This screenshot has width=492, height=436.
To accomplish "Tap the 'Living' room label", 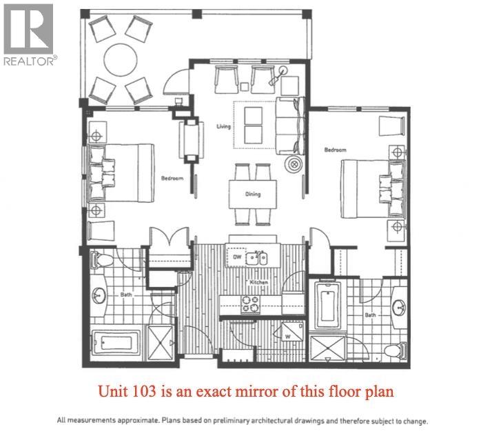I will (x=223, y=126).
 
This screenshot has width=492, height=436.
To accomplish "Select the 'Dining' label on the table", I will (x=252, y=194).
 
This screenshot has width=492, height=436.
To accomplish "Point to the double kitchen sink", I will (x=258, y=257).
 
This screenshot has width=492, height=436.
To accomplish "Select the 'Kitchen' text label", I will (x=259, y=283).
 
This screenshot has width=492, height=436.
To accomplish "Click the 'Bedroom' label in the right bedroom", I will (x=335, y=150).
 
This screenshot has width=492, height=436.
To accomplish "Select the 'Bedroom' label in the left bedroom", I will (x=172, y=178).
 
